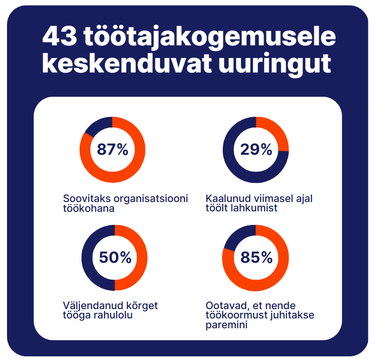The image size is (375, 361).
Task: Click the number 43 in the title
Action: [60, 37]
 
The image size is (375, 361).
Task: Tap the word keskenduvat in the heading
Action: [120, 65]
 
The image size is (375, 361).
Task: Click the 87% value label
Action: [112, 150]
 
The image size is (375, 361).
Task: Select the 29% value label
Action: [256, 150]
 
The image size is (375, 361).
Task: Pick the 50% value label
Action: [115, 258]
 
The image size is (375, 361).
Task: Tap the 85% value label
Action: [256, 258]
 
